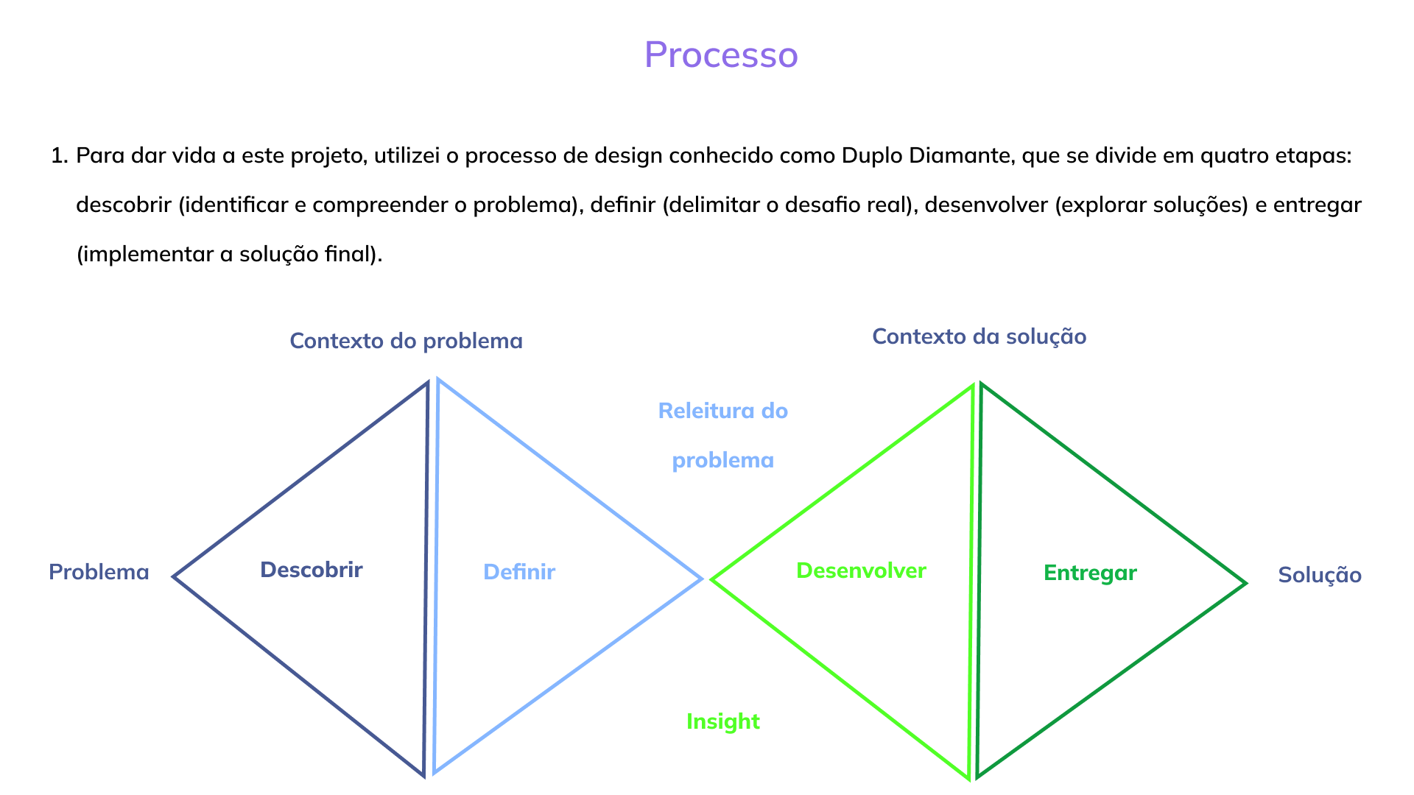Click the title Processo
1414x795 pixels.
[721, 54]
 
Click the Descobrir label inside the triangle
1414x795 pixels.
[311, 570]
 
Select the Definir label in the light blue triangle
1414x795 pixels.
[518, 572]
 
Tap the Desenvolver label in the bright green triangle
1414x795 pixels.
[861, 570]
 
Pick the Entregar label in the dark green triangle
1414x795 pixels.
[1090, 573]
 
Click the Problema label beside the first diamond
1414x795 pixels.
[99, 572]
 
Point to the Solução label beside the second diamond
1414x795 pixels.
[1319, 575]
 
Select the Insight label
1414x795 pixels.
[722, 721]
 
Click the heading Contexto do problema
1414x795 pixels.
[406, 341]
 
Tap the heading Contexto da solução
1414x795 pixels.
[979, 336]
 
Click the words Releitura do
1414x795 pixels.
[722, 411]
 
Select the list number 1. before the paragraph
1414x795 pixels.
[59, 156]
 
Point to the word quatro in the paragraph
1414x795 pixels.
[1234, 156]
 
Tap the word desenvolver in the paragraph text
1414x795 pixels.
[986, 205]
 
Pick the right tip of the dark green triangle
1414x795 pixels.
[1245, 584]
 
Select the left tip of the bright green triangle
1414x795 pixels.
[713, 580]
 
